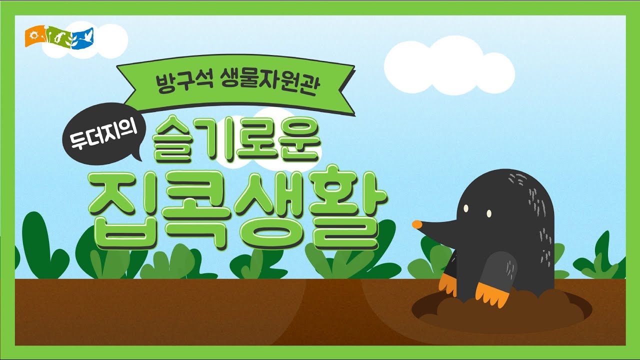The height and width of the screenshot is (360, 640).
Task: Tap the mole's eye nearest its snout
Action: (466, 208)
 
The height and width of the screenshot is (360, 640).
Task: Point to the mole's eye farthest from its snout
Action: (486, 213)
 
